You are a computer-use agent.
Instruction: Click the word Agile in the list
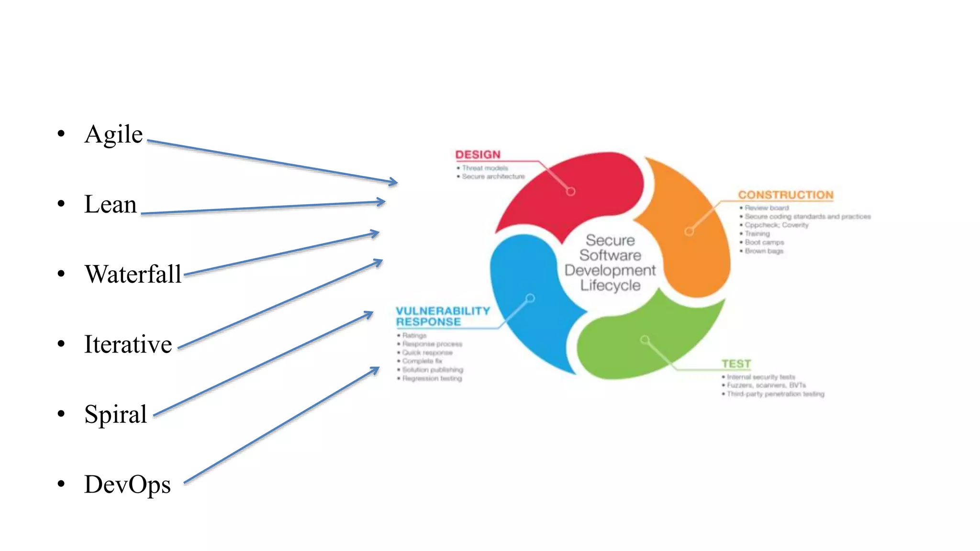click(113, 134)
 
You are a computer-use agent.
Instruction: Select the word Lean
click(111, 204)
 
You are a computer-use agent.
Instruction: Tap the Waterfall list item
click(133, 275)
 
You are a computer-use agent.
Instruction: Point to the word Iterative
click(128, 344)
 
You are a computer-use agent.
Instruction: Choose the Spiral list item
click(115, 414)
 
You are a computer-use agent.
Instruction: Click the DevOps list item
click(127, 484)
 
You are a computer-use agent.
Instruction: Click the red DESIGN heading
click(478, 154)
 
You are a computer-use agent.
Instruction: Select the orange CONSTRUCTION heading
click(785, 195)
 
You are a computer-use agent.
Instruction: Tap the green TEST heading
click(736, 364)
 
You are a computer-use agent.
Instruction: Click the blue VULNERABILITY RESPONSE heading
click(443, 317)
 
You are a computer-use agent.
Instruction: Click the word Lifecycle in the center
click(610, 286)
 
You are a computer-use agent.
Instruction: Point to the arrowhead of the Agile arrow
click(393, 182)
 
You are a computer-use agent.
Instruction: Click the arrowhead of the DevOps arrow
click(376, 370)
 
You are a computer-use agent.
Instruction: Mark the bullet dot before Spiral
click(61, 414)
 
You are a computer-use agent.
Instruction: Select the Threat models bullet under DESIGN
click(484, 168)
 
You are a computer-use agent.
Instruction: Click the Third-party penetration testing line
click(775, 394)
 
